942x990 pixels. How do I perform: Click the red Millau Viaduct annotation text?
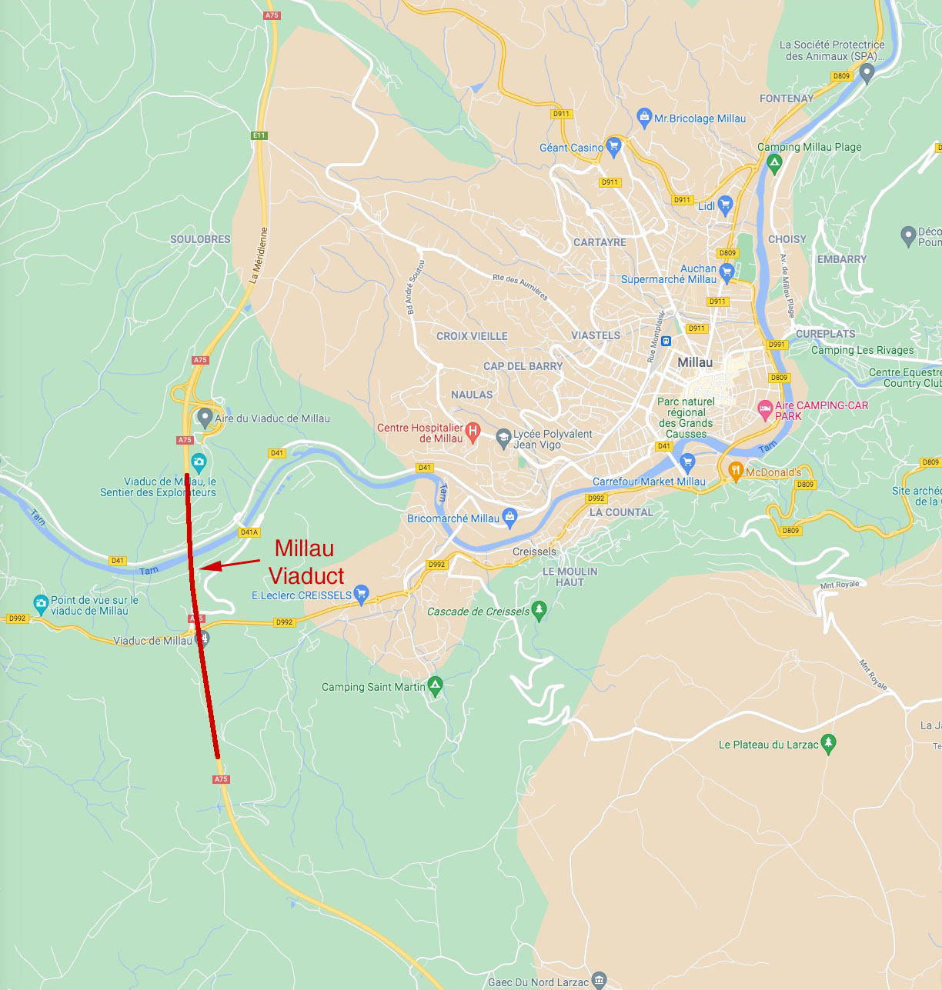pyautogui.click(x=306, y=562)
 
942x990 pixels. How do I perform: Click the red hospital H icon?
pyautogui.click(x=473, y=432)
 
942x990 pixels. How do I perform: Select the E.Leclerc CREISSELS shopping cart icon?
pyautogui.click(x=361, y=594)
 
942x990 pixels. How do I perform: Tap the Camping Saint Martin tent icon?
pyautogui.click(x=436, y=685)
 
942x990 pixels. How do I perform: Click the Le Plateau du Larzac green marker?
pyautogui.click(x=828, y=742)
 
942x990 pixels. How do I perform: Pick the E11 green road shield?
pyautogui.click(x=259, y=135)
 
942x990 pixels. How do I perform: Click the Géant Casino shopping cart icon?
pyautogui.click(x=613, y=145)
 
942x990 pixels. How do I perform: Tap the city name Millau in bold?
pyautogui.click(x=695, y=362)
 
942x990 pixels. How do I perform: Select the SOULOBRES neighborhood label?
pyautogui.click(x=200, y=239)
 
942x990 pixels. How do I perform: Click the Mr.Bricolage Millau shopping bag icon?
pyautogui.click(x=645, y=117)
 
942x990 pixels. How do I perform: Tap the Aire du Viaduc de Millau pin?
pyautogui.click(x=205, y=417)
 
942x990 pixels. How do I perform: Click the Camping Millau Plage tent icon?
pyautogui.click(x=774, y=162)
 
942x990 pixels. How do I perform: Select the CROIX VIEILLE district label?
pyautogui.click(x=472, y=336)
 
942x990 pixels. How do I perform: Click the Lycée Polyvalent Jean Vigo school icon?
pyautogui.click(x=503, y=438)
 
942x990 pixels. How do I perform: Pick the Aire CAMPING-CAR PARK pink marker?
pyautogui.click(x=765, y=409)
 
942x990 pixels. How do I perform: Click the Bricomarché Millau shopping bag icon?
pyautogui.click(x=509, y=515)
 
